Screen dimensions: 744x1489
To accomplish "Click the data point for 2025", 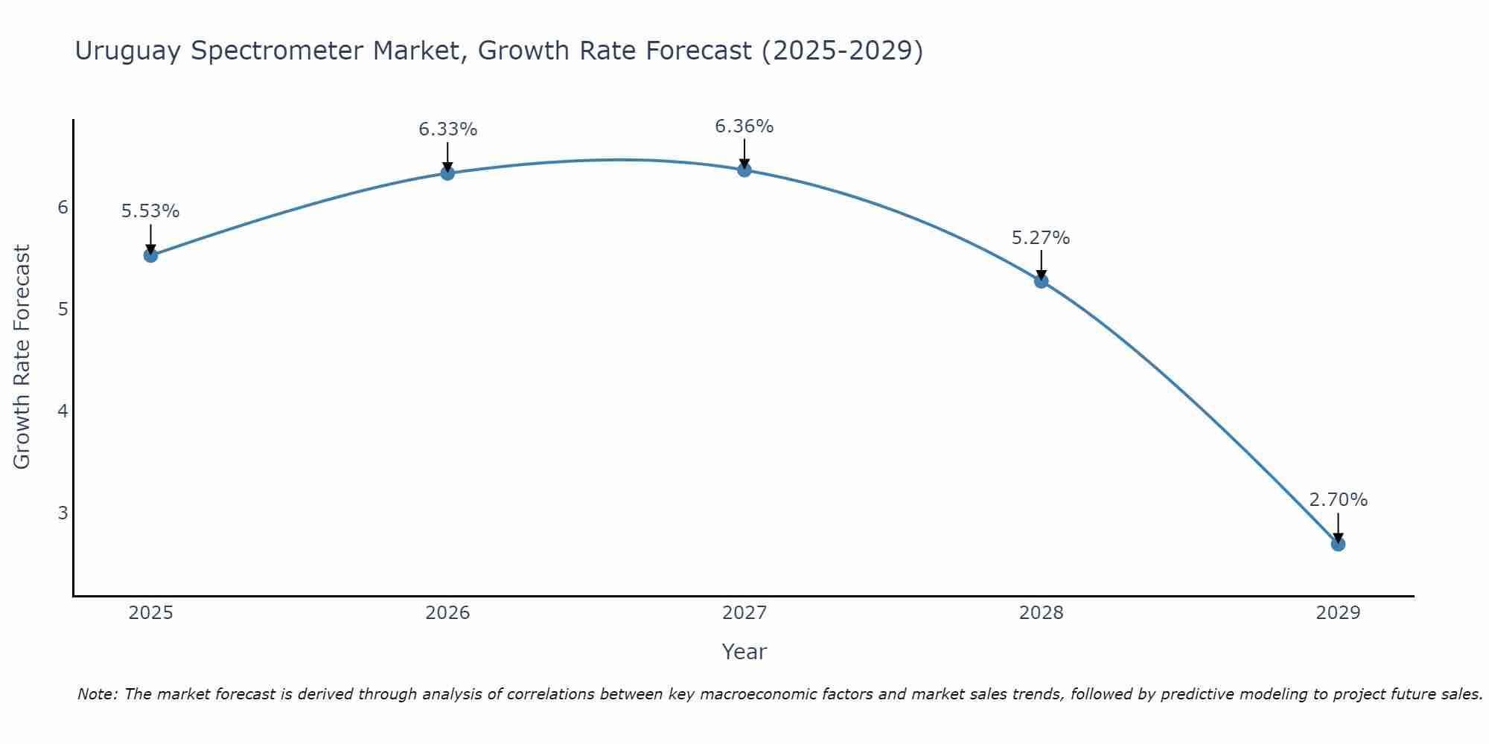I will (150, 255).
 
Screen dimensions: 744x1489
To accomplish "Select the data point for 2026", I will (447, 173).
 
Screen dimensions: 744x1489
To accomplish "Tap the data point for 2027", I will (744, 170).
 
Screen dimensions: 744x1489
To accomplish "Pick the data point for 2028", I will (1041, 281).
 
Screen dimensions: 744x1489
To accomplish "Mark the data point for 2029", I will (1338, 544).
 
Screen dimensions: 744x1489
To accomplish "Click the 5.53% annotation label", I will (150, 211).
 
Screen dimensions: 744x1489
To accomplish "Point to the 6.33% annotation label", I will (447, 129).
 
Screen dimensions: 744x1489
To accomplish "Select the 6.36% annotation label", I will (744, 126).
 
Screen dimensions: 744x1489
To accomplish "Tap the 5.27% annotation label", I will (1041, 238).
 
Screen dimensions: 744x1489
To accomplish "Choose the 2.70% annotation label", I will (1338, 500).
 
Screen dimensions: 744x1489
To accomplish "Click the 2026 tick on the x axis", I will (447, 613).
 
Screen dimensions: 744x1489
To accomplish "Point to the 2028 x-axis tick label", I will (1041, 613).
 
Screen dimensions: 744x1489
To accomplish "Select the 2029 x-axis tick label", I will (1338, 613).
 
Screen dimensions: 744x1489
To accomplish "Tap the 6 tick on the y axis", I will (63, 207).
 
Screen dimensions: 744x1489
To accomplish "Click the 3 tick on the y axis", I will (63, 513).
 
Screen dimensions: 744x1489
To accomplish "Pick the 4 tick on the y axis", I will (63, 411).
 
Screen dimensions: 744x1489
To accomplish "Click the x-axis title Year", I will (744, 652).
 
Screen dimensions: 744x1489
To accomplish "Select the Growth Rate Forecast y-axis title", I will (22, 357).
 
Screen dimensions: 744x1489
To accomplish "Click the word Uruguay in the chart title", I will (128, 51).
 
